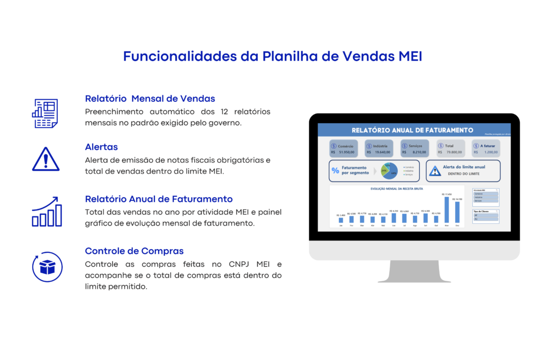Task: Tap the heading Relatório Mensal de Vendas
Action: click(x=150, y=99)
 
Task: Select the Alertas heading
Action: click(x=101, y=147)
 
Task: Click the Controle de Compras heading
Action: click(x=134, y=251)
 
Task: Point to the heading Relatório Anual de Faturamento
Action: click(x=159, y=199)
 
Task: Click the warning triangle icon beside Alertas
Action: click(x=46, y=159)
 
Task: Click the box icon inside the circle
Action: click(x=47, y=267)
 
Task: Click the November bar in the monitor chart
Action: click(x=447, y=209)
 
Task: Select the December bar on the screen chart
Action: click(x=457, y=212)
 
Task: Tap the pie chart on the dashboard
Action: click(x=389, y=171)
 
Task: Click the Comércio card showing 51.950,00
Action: click(x=344, y=148)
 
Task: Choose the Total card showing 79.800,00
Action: click(x=450, y=148)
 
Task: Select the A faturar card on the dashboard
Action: click(x=486, y=148)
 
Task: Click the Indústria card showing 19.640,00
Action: click(x=379, y=148)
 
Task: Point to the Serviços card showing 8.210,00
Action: click(x=415, y=148)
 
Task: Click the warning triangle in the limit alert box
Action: click(x=435, y=171)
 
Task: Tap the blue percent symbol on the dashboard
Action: click(x=336, y=170)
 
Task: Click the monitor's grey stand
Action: click(x=414, y=272)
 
